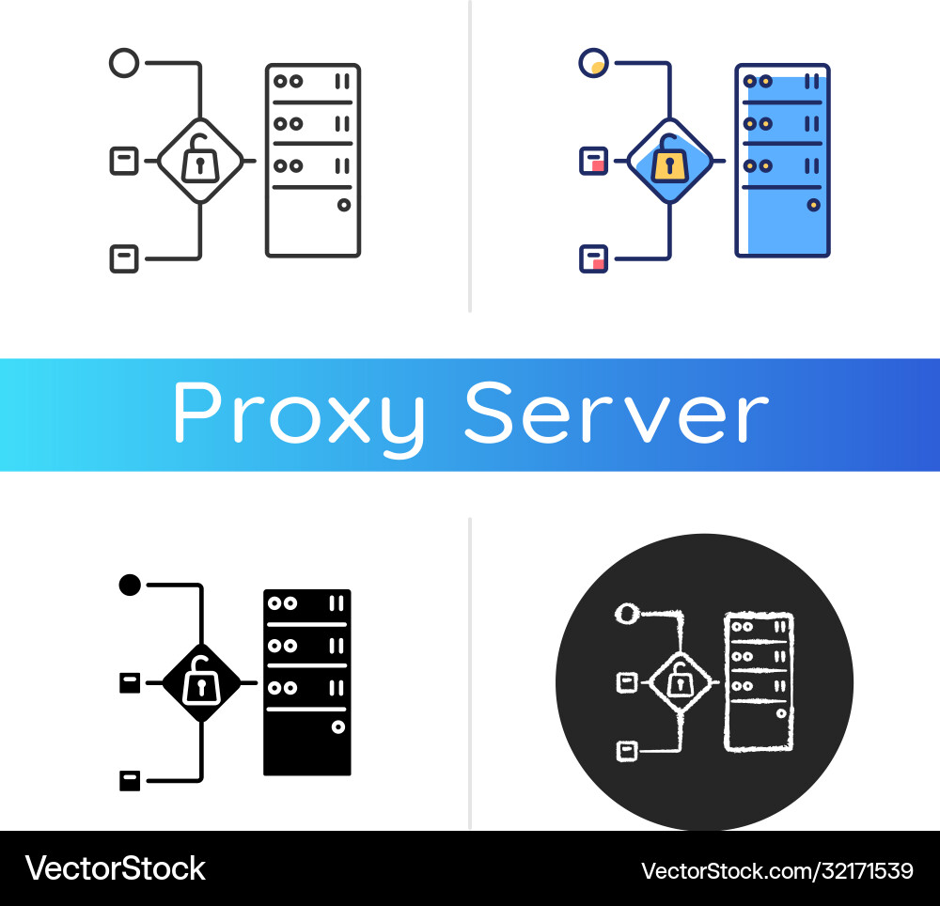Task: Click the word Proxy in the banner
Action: click(299, 414)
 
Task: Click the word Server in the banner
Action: click(617, 414)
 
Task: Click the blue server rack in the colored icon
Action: click(782, 160)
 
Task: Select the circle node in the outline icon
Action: click(124, 64)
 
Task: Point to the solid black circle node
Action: click(130, 586)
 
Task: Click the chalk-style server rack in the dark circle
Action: click(758, 681)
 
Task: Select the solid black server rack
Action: click(306, 682)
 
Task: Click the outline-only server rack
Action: click(313, 160)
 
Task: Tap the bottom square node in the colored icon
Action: click(593, 258)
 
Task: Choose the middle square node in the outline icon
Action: click(124, 161)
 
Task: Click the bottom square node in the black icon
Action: click(130, 780)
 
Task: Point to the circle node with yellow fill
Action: click(593, 64)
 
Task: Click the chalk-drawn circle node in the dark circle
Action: click(626, 614)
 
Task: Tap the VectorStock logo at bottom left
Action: click(115, 868)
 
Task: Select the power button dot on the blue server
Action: click(813, 204)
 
